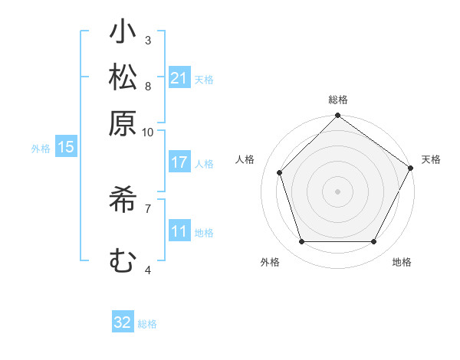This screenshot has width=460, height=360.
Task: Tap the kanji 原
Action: pos(122,122)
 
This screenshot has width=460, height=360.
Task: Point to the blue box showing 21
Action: pos(179,78)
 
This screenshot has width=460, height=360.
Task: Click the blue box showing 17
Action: pos(179,162)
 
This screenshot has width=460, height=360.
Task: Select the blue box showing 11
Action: pos(179,231)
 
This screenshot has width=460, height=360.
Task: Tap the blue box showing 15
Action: pos(65,148)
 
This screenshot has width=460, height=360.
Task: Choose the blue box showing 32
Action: pos(123,322)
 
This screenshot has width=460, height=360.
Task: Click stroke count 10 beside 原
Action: pos(148,132)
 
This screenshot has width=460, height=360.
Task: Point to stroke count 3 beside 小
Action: pos(148,40)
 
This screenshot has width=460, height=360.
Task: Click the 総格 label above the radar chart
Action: pos(338,100)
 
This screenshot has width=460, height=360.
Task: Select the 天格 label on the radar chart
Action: pos(431,159)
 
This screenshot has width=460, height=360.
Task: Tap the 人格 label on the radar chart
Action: pos(245,159)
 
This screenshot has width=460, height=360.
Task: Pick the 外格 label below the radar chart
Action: pos(270,262)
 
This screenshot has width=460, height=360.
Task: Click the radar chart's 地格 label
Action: pos(402,262)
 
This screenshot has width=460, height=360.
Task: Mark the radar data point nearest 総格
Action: pos(338,116)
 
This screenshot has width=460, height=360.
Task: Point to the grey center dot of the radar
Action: pos(338,191)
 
